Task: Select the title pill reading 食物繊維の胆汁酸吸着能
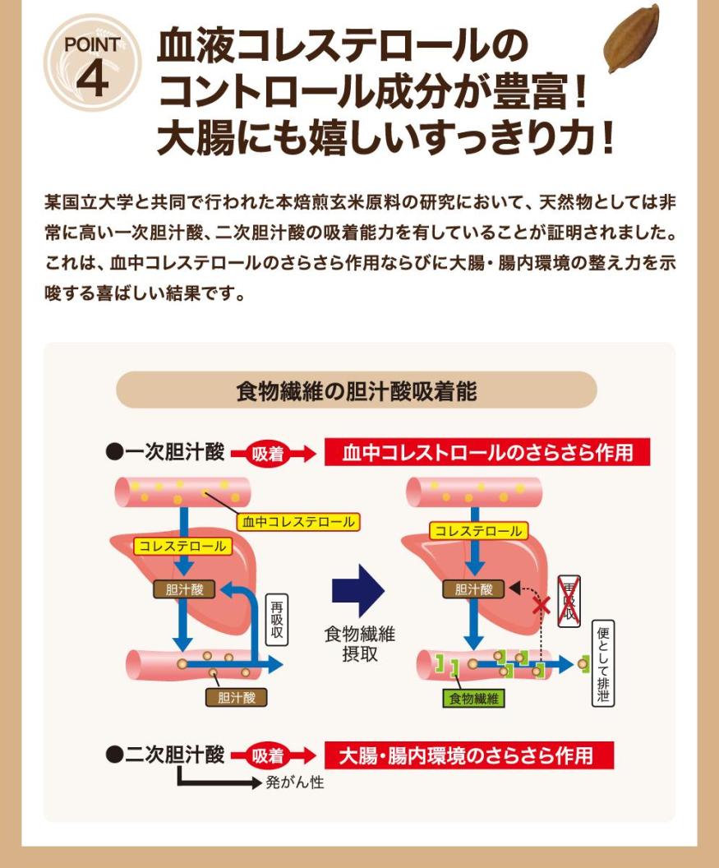(356, 390)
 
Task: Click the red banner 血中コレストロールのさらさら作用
(487, 453)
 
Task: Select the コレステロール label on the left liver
(182, 545)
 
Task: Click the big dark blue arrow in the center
(357, 590)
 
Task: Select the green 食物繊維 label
(473, 699)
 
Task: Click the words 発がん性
(294, 783)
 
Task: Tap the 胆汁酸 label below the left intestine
(237, 697)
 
